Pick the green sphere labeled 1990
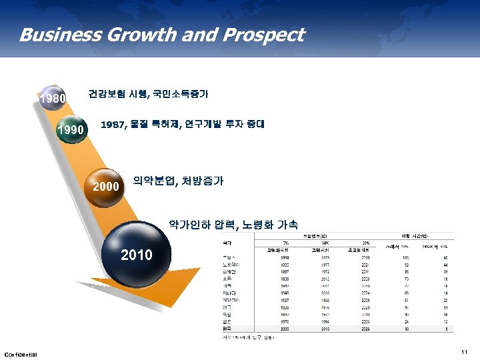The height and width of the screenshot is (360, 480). pos(71,129)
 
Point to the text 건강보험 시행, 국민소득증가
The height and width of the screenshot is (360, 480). pos(148,94)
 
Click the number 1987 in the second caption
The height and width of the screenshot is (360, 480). pos(113,124)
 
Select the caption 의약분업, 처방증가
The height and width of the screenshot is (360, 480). pos(178,181)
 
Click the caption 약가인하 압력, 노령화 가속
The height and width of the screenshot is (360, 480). pos(233,225)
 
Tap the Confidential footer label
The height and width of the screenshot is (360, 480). pos(21,354)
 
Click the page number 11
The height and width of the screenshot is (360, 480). pos(464,351)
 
